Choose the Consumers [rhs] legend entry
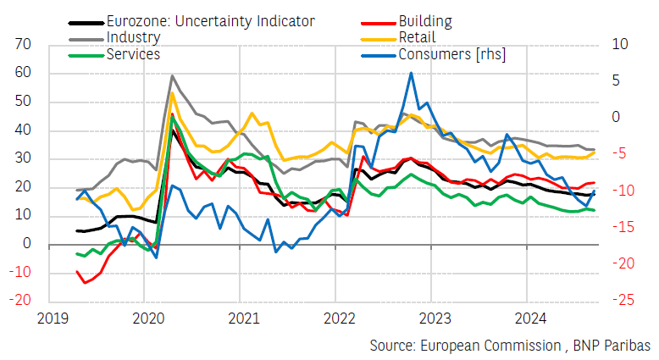[457, 54]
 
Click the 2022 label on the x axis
[336, 318]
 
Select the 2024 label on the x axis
[527, 318]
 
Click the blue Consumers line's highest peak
[411, 73]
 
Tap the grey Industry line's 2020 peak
[172, 75]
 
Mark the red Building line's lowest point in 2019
[85, 283]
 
